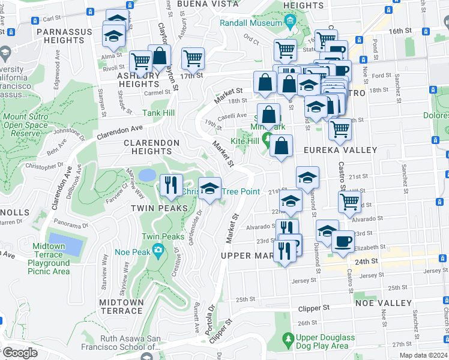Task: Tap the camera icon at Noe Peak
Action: click(157, 250)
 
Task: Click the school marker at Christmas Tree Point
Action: click(209, 189)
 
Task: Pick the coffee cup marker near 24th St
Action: click(343, 242)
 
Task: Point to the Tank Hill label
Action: click(158, 113)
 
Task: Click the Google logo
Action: click(19, 353)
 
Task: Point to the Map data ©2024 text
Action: click(423, 355)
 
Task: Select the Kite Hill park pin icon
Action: click(267, 140)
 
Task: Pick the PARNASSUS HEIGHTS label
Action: click(64, 35)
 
